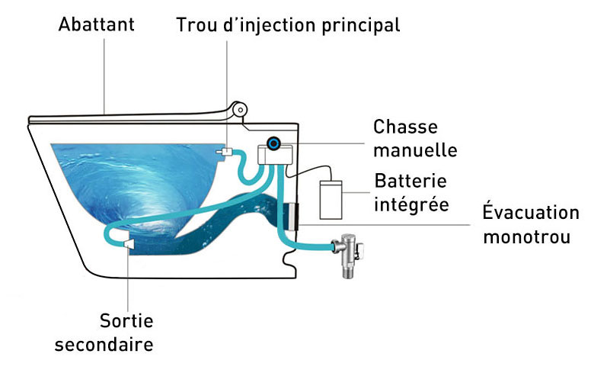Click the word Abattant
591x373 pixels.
point(96,24)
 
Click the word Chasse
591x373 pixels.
point(405,127)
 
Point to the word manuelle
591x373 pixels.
point(415,150)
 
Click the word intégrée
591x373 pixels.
point(411,205)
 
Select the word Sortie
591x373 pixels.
point(126,320)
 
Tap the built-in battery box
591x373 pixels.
point(332,199)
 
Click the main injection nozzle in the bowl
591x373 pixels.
point(224,153)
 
